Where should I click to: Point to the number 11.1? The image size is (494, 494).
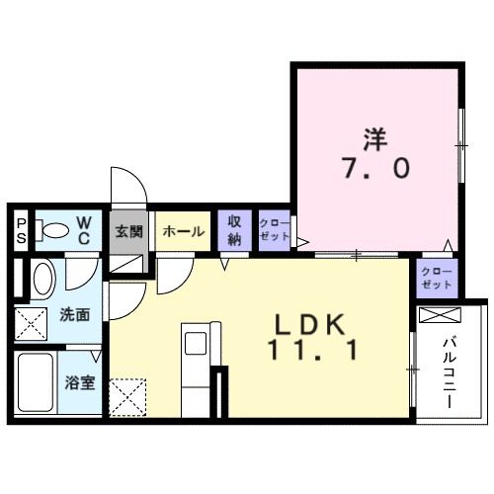(309, 349)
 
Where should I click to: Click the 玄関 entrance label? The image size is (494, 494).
(128, 232)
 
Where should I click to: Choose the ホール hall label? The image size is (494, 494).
(183, 232)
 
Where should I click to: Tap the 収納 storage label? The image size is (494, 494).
(235, 231)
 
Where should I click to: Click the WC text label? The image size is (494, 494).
(84, 231)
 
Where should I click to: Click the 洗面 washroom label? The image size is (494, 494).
(74, 316)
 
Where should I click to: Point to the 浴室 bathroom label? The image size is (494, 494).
(80, 381)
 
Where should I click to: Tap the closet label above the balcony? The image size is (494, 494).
(435, 278)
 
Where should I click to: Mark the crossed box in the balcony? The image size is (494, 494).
(441, 316)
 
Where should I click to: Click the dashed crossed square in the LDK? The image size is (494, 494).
(129, 398)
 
